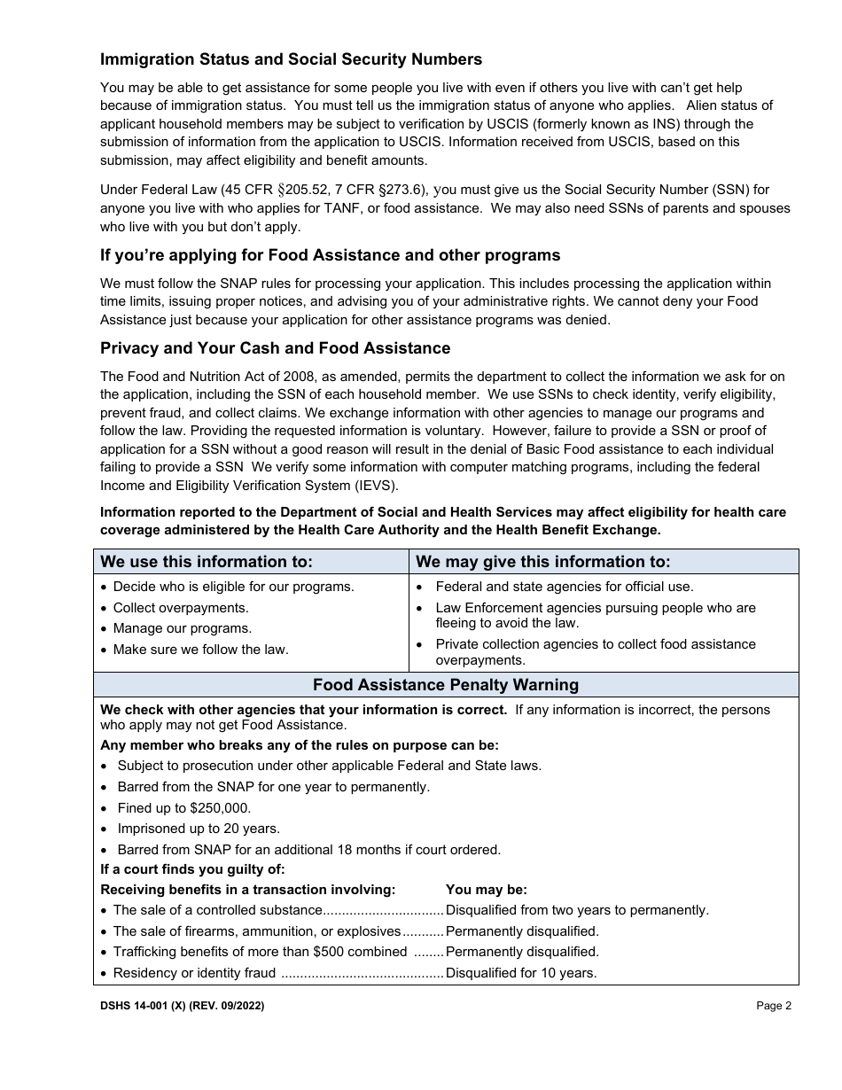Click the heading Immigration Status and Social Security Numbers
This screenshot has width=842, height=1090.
click(x=291, y=59)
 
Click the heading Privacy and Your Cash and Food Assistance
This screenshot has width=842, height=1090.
click(x=275, y=348)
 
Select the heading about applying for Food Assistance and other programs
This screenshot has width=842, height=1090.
click(x=330, y=255)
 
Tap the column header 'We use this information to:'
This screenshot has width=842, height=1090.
click(x=207, y=562)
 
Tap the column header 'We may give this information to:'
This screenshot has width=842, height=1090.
click(x=542, y=562)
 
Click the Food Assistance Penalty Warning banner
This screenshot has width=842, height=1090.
click(x=446, y=685)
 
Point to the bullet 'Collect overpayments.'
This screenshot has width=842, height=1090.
click(x=181, y=608)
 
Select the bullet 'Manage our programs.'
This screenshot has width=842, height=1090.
click(x=183, y=628)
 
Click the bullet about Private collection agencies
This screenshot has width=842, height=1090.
click(x=595, y=651)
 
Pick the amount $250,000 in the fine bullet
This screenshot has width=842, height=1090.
click(x=220, y=808)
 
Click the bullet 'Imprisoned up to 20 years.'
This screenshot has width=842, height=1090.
click(x=199, y=829)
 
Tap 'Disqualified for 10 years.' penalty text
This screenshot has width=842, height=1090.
click(x=521, y=973)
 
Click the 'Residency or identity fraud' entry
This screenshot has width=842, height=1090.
click(x=194, y=973)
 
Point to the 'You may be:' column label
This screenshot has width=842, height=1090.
click(x=486, y=890)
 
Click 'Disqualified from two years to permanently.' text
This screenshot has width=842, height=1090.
click(x=577, y=910)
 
